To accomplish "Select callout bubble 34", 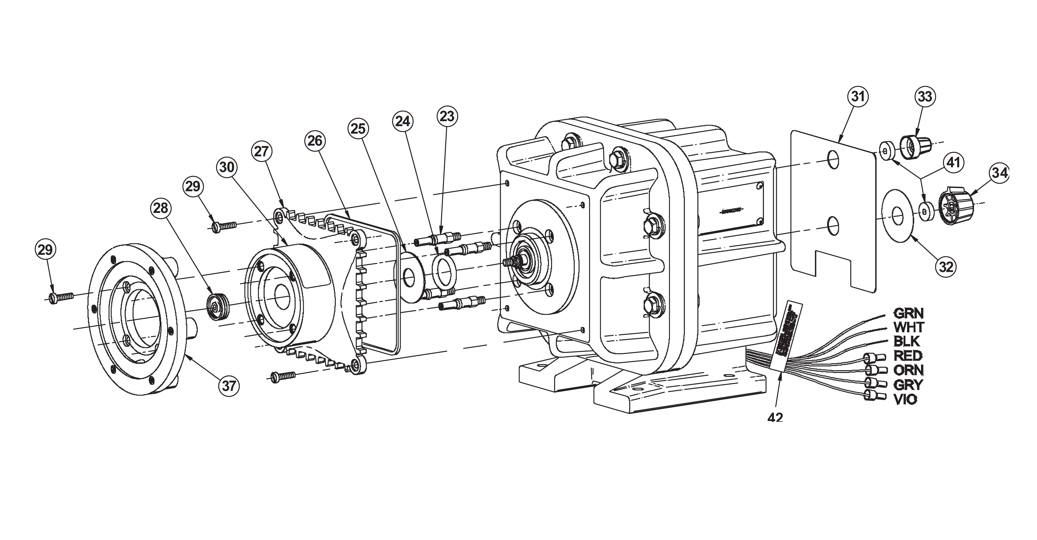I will tap(999, 173).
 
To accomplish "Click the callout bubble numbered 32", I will tap(946, 266).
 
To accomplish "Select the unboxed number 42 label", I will tap(775, 418).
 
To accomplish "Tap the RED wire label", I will tap(908, 356).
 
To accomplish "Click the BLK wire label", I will tap(907, 341).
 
